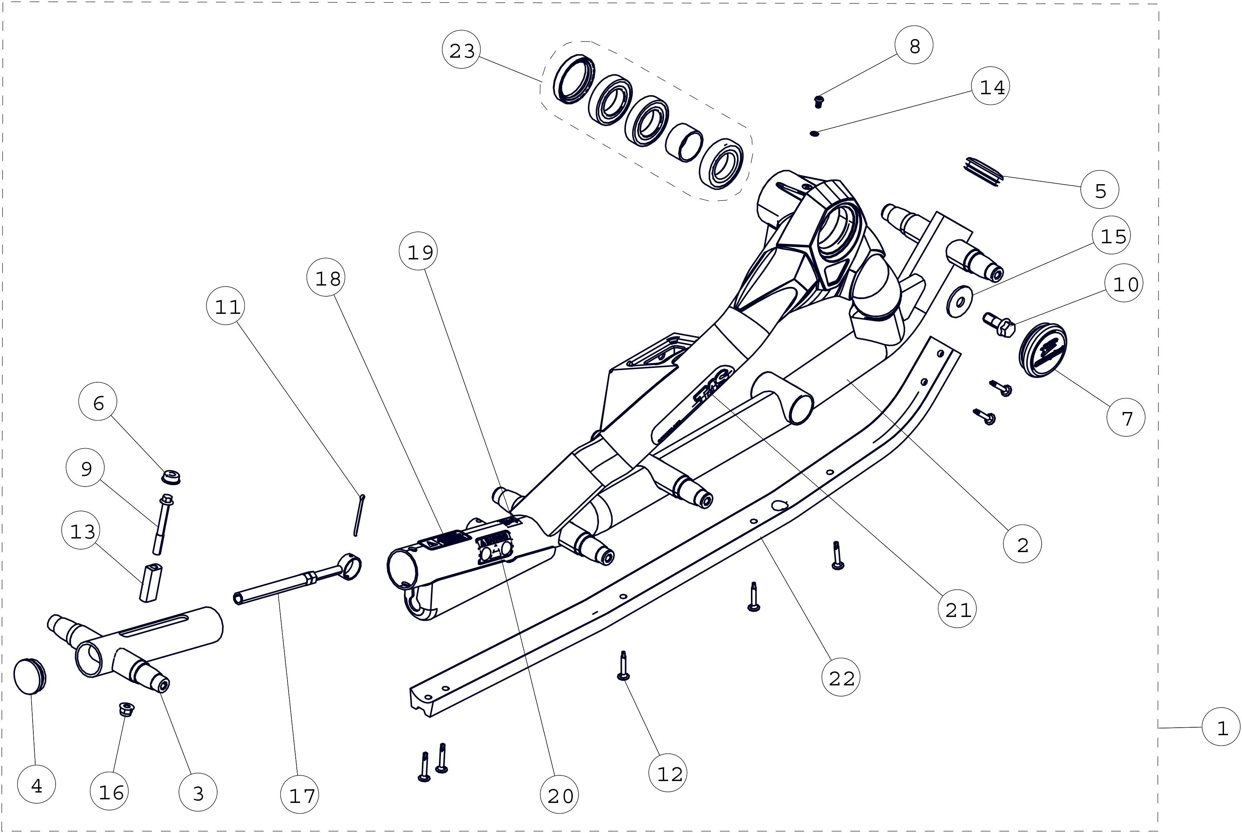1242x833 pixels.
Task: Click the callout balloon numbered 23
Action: click(x=461, y=51)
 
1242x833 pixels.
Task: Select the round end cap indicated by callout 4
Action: click(x=30, y=676)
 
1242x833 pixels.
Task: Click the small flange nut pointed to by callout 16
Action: click(x=126, y=709)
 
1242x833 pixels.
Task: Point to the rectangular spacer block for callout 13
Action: click(x=151, y=583)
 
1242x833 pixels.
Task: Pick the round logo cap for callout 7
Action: click(x=1043, y=350)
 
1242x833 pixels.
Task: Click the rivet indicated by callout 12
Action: click(x=623, y=667)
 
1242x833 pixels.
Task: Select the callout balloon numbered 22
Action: click(x=841, y=678)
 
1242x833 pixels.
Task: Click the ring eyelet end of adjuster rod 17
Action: click(x=349, y=567)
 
